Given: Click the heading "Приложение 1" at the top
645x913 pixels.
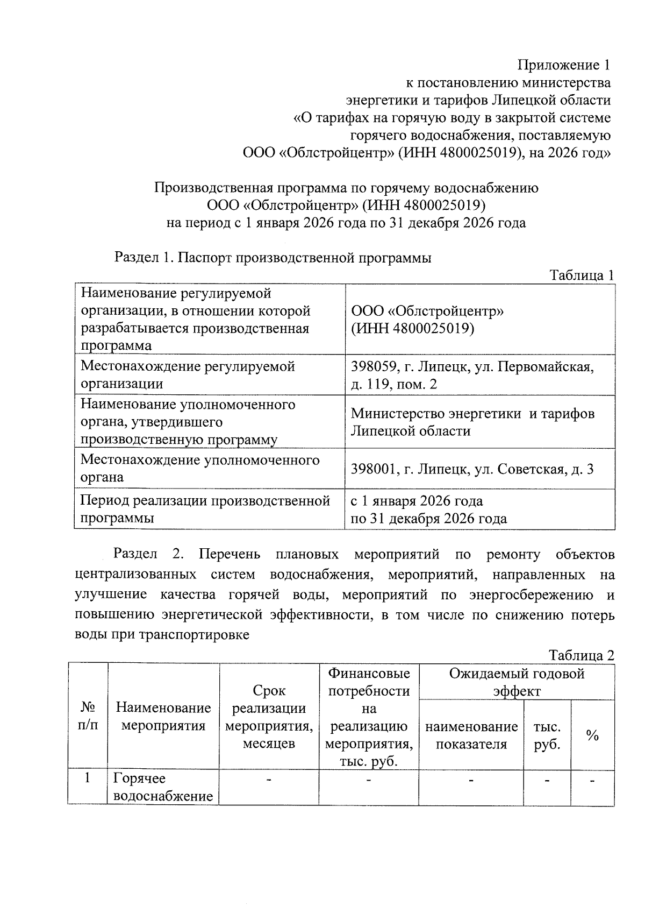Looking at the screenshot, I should pos(564,66).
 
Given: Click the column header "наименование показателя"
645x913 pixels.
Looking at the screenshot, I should pos(471,735).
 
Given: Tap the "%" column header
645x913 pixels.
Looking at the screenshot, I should pos(592,735).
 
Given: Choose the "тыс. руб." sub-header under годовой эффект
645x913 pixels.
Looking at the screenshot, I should pos(547,735).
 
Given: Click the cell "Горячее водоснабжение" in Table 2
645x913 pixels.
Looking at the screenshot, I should pos(163,787).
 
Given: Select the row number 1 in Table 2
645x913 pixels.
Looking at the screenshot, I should pos(88,778).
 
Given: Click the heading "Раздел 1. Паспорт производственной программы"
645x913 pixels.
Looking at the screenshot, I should pos(273,258).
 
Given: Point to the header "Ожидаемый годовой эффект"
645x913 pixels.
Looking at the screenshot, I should pos(517,682).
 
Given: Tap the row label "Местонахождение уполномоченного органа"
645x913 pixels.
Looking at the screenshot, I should pos(199,469).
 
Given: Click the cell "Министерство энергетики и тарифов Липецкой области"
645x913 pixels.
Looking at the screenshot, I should pos(472,422).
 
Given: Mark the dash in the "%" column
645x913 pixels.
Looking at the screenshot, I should pos(592,780).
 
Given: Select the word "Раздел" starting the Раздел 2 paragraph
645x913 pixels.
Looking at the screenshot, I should pos(135,554).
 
